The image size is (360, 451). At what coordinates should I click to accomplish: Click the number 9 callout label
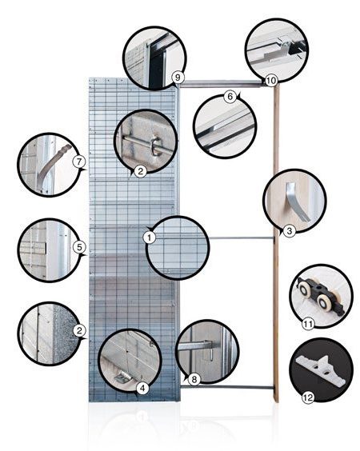[178, 78]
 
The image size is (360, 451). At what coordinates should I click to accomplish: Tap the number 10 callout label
[270, 80]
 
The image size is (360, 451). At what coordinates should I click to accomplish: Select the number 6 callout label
[230, 96]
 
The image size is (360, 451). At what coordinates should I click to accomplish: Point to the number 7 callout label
[79, 162]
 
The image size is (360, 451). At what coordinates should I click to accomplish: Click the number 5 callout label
[79, 247]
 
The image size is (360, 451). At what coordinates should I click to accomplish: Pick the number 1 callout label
[149, 237]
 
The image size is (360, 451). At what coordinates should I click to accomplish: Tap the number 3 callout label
[290, 230]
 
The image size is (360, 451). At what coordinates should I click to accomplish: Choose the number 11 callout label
[308, 325]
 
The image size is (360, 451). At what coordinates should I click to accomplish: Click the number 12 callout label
[308, 397]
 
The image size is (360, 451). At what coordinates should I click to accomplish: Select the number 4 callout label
[142, 389]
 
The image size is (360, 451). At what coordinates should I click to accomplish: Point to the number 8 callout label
[194, 379]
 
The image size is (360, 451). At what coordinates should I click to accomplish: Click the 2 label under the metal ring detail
[141, 171]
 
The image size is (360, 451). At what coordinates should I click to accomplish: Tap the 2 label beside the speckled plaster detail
[79, 330]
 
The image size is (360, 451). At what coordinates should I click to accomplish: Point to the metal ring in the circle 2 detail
[157, 146]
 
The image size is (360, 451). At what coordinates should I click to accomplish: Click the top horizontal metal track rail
[222, 84]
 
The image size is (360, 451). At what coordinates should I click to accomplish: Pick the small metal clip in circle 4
[123, 377]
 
